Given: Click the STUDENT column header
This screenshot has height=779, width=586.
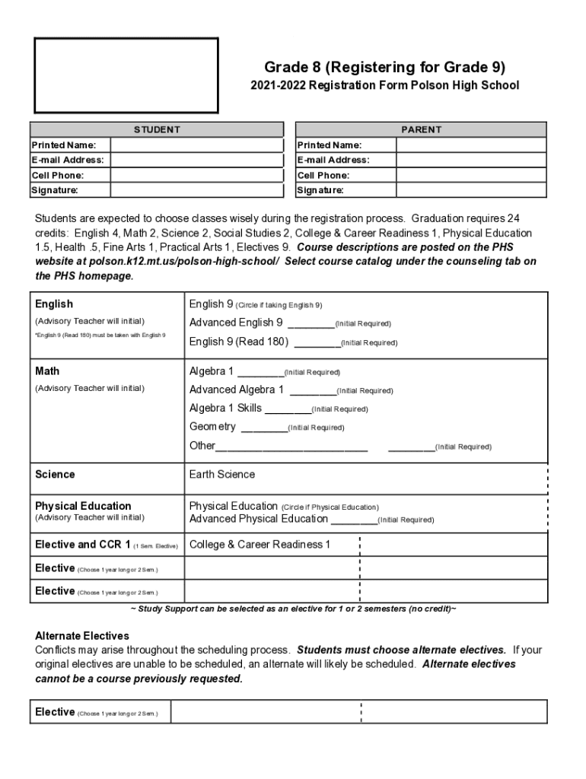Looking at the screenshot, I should tap(157, 129).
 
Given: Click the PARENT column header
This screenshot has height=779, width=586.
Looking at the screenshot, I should tap(421, 129).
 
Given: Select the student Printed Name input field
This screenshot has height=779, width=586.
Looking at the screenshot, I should tap(196, 145).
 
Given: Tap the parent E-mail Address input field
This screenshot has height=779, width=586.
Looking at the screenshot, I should tap(470, 161).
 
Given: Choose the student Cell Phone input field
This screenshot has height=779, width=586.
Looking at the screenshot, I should tap(196, 176).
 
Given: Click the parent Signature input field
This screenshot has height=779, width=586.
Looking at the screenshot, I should tap(470, 190).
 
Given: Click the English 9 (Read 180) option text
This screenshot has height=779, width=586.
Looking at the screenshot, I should tap(239, 342).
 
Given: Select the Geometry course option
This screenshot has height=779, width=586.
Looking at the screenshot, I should tap(212, 427).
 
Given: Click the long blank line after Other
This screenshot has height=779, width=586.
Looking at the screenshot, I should tap(291, 448).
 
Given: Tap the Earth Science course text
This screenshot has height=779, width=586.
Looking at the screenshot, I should tap(222, 475).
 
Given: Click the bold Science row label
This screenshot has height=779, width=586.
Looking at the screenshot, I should tap(56, 475).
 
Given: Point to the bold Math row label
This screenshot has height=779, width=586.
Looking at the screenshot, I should tap(47, 371).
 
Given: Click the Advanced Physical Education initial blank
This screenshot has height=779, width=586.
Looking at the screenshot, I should tap(354, 522).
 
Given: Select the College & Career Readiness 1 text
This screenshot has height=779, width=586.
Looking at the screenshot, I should tap(260, 545).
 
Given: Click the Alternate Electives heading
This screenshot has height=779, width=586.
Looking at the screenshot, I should tap(82, 635).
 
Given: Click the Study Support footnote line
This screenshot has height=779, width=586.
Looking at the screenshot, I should tap(294, 609).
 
